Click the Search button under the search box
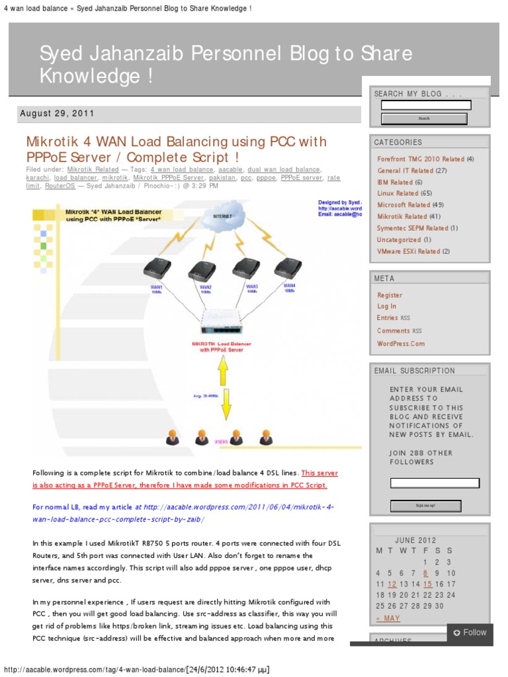[x=424, y=119]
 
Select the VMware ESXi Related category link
[x=408, y=251]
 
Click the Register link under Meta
[x=390, y=295]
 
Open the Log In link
[x=387, y=306]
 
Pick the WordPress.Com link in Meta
[x=401, y=343]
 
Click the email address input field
[x=435, y=483]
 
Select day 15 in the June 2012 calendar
[x=428, y=584]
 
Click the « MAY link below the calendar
[x=388, y=618]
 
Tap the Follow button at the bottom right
[x=470, y=633]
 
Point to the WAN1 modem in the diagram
[x=157, y=268]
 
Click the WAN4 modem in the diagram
[x=288, y=267]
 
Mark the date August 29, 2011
[x=58, y=114]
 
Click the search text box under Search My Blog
[x=426, y=105]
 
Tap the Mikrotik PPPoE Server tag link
[x=169, y=178]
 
